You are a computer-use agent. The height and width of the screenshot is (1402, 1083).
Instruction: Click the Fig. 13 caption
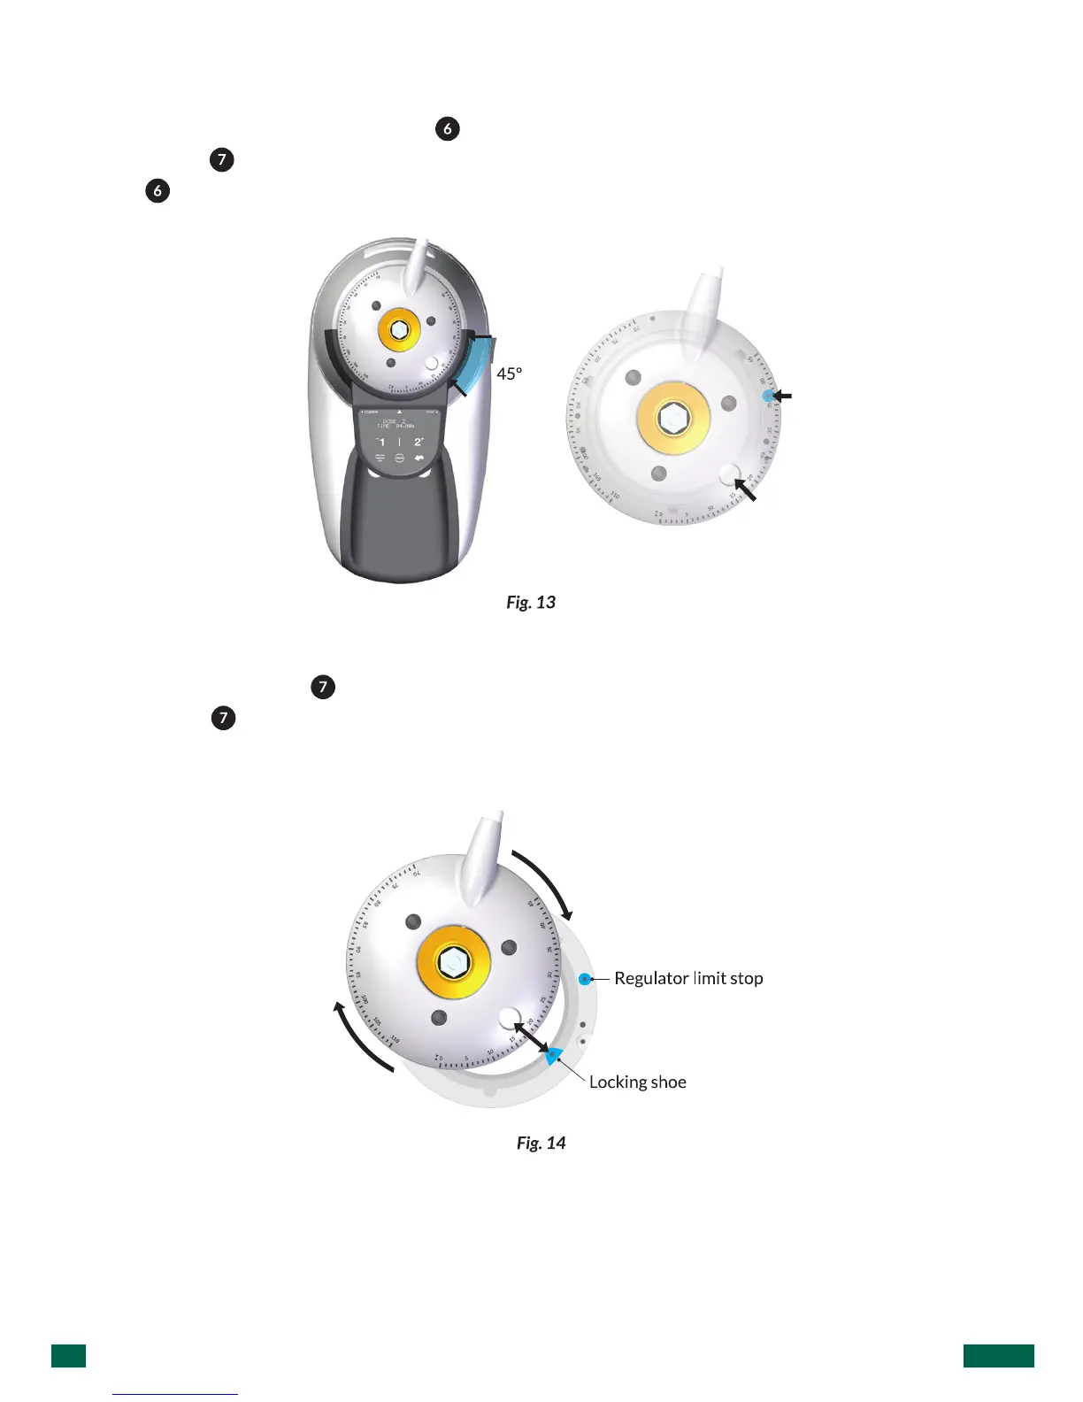tap(531, 603)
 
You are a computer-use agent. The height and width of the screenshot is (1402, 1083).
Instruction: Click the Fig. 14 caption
tap(541, 1144)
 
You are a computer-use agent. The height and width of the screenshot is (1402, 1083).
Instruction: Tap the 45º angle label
tap(510, 374)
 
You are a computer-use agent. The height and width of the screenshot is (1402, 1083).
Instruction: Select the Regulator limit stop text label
tap(688, 979)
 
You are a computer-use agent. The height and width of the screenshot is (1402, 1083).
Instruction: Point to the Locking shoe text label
tap(637, 1082)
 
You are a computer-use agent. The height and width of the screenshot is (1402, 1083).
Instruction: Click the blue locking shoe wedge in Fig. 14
tap(553, 1054)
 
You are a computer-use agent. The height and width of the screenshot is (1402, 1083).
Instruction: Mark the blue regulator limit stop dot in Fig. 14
tap(585, 979)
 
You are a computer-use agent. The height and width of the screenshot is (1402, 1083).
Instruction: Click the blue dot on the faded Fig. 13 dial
tap(767, 396)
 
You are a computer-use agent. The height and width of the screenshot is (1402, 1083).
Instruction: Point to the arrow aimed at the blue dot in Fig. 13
tap(782, 397)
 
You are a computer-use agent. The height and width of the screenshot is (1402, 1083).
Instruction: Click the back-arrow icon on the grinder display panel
tap(419, 458)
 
